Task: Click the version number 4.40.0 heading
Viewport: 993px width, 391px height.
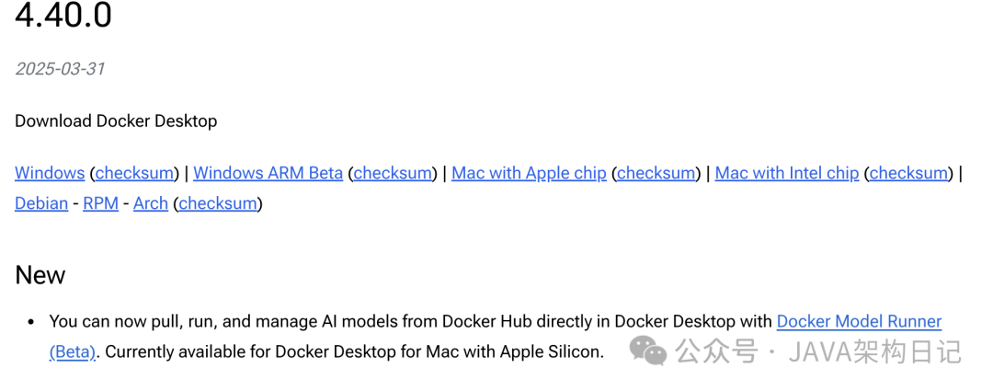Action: pyautogui.click(x=63, y=16)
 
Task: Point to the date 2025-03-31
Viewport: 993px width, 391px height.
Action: pyautogui.click(x=60, y=69)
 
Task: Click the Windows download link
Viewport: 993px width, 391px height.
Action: pyautogui.click(x=50, y=173)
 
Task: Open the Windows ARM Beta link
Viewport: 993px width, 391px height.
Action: pyautogui.click(x=268, y=173)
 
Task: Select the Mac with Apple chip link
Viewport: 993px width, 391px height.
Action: pyautogui.click(x=529, y=173)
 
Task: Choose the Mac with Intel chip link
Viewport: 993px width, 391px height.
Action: pyautogui.click(x=786, y=173)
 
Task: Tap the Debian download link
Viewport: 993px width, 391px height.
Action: pyautogui.click(x=41, y=203)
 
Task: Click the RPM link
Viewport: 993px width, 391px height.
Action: pyautogui.click(x=100, y=203)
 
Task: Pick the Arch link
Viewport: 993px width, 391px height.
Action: pyautogui.click(x=151, y=203)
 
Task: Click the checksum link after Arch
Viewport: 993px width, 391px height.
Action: pyautogui.click(x=218, y=203)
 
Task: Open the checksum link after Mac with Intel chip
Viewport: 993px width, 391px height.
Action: pyautogui.click(x=908, y=173)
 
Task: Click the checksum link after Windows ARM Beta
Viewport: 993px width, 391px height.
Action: pyautogui.click(x=393, y=173)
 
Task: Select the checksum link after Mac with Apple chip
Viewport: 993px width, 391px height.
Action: pyautogui.click(x=656, y=173)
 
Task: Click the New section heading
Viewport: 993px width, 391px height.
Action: pyautogui.click(x=40, y=275)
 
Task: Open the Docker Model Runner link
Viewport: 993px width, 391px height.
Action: pyautogui.click(x=859, y=322)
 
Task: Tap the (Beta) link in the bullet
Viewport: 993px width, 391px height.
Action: pyautogui.click(x=73, y=351)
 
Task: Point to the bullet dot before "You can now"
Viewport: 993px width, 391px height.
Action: pyautogui.click(x=30, y=323)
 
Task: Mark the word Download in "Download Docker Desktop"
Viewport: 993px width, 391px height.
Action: pyautogui.click(x=53, y=121)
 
